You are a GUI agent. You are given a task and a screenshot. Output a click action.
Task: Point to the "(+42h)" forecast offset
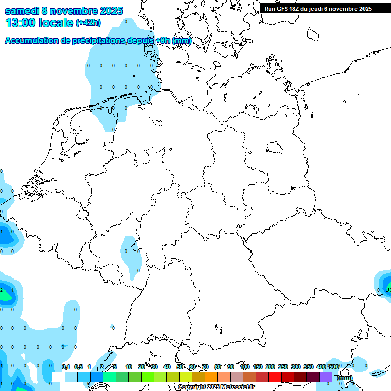[89, 23]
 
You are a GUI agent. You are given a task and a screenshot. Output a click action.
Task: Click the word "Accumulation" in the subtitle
[32, 41]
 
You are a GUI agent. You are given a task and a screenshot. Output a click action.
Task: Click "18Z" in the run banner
[299, 9]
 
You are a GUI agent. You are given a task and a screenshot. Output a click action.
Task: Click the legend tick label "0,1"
[66, 367]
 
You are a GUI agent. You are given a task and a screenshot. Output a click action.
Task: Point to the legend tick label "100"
[244, 367]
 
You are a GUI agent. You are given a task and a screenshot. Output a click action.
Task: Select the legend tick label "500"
[333, 367]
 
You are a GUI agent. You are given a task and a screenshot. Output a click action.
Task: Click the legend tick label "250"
[283, 367]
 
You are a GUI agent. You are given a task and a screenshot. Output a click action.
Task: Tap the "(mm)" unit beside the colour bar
[345, 378]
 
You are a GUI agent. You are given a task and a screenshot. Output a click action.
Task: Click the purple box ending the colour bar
[326, 377]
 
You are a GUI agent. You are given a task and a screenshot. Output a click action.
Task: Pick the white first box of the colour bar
[59, 377]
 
